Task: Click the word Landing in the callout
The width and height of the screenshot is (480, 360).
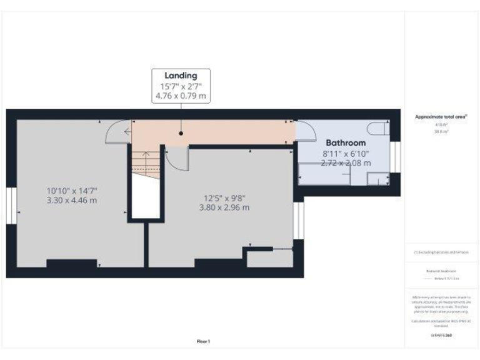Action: tap(181, 76)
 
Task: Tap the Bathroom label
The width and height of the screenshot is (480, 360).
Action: tap(346, 142)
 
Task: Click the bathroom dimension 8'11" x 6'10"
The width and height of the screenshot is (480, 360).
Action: tap(346, 153)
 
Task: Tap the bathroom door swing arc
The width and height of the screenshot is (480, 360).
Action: tap(306, 131)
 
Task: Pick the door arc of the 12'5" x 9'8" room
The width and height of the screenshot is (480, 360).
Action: tap(178, 159)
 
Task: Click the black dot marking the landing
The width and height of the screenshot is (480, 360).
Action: tap(181, 133)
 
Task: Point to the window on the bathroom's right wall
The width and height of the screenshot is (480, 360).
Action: tap(395, 157)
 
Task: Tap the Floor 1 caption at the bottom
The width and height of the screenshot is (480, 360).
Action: tap(203, 341)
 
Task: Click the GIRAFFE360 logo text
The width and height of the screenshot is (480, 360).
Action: tap(441, 336)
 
